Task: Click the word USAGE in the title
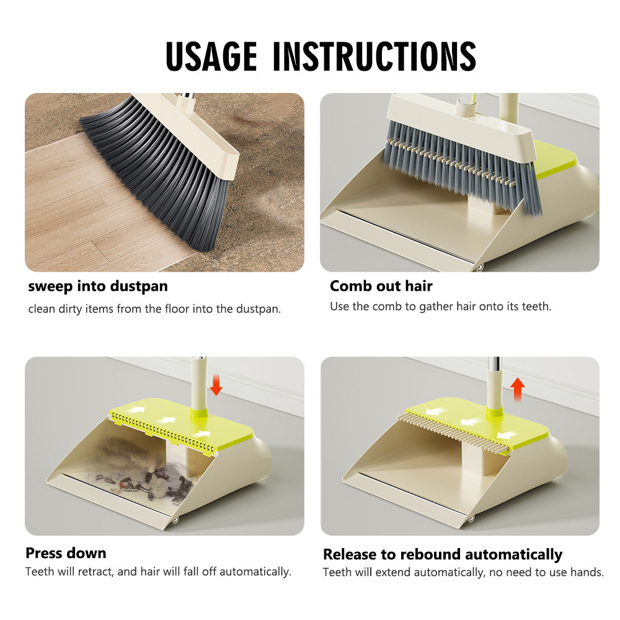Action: [211, 56]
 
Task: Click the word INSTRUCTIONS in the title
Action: [374, 56]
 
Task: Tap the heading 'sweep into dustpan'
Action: [98, 286]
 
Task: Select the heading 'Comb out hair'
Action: [381, 286]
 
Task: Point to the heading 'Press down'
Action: [66, 553]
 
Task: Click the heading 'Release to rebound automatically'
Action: [443, 555]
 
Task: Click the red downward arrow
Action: [216, 385]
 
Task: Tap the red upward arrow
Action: [518, 389]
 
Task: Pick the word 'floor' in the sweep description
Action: [177, 308]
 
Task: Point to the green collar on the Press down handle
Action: [198, 413]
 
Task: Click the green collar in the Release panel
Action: [494, 411]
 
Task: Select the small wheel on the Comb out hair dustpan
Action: [480, 268]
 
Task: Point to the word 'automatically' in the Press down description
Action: [255, 572]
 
